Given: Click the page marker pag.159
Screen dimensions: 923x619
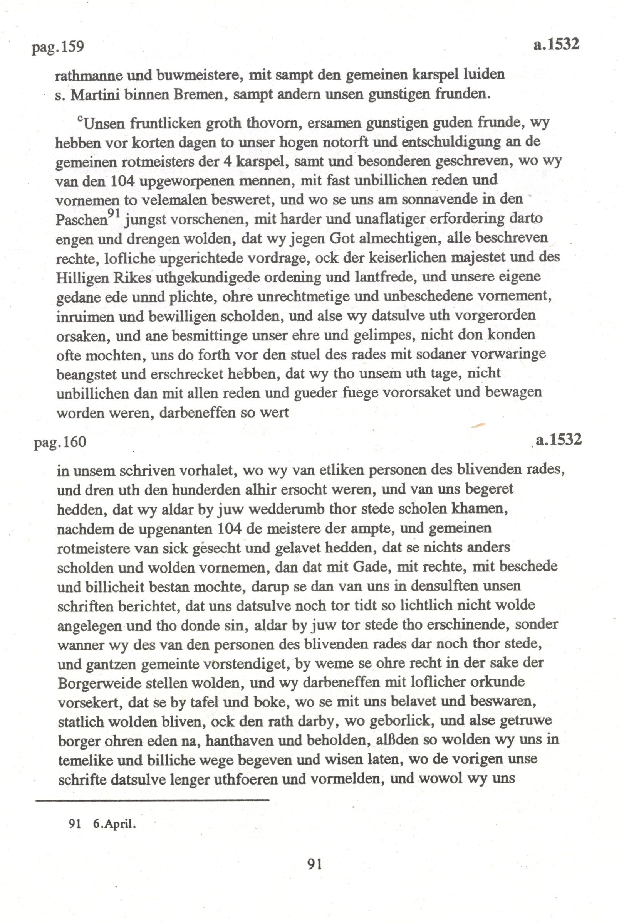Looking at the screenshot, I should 58,47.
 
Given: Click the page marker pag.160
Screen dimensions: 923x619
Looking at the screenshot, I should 60,442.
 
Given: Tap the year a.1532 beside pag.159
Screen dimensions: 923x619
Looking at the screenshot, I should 556,44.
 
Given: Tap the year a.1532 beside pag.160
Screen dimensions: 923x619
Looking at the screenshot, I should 558,440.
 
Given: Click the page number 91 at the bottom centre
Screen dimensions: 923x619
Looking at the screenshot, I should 314,864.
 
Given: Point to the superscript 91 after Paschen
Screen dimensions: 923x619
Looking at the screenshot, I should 114,214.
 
